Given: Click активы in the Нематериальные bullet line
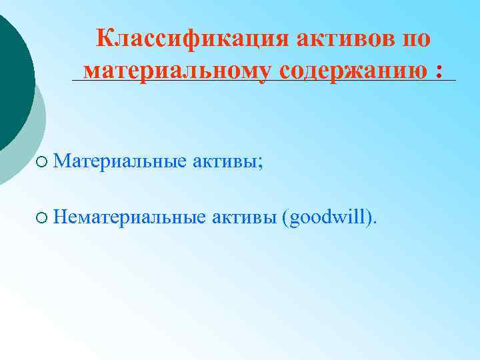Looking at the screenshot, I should pos(246,216).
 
